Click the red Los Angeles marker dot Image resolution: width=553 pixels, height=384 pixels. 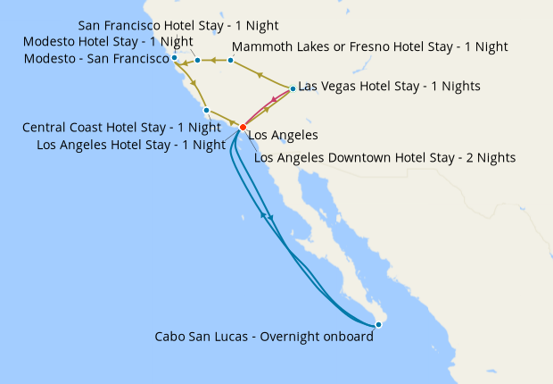pyautogui.click(x=243, y=128)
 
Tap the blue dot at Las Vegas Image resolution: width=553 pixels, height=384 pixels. pyautogui.click(x=293, y=88)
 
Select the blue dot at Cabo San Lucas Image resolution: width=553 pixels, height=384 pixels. pyautogui.click(x=379, y=324)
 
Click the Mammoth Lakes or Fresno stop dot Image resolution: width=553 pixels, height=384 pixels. pyautogui.click(x=230, y=61)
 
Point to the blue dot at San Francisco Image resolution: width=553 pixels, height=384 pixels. pyautogui.click(x=175, y=60)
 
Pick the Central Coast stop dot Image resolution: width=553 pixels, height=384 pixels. pyautogui.click(x=207, y=111)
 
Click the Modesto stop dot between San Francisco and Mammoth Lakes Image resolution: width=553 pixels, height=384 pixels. pyautogui.click(x=198, y=61)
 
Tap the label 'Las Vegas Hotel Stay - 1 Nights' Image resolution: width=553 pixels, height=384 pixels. pyautogui.click(x=389, y=87)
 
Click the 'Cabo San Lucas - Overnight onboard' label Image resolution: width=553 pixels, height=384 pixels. pyautogui.click(x=264, y=337)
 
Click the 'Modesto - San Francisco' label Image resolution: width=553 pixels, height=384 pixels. pyautogui.click(x=99, y=59)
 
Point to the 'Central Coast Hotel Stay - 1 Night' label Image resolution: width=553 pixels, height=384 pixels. pyautogui.click(x=121, y=128)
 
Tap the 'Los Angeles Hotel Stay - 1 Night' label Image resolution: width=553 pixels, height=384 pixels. pyautogui.click(x=130, y=144)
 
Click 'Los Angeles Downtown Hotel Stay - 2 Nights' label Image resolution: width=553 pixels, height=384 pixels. pyautogui.click(x=385, y=158)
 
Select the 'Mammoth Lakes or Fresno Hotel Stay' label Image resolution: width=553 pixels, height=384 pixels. pyautogui.click(x=369, y=46)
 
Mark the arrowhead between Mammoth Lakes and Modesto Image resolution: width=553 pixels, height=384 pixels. pyautogui.click(x=215, y=61)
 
